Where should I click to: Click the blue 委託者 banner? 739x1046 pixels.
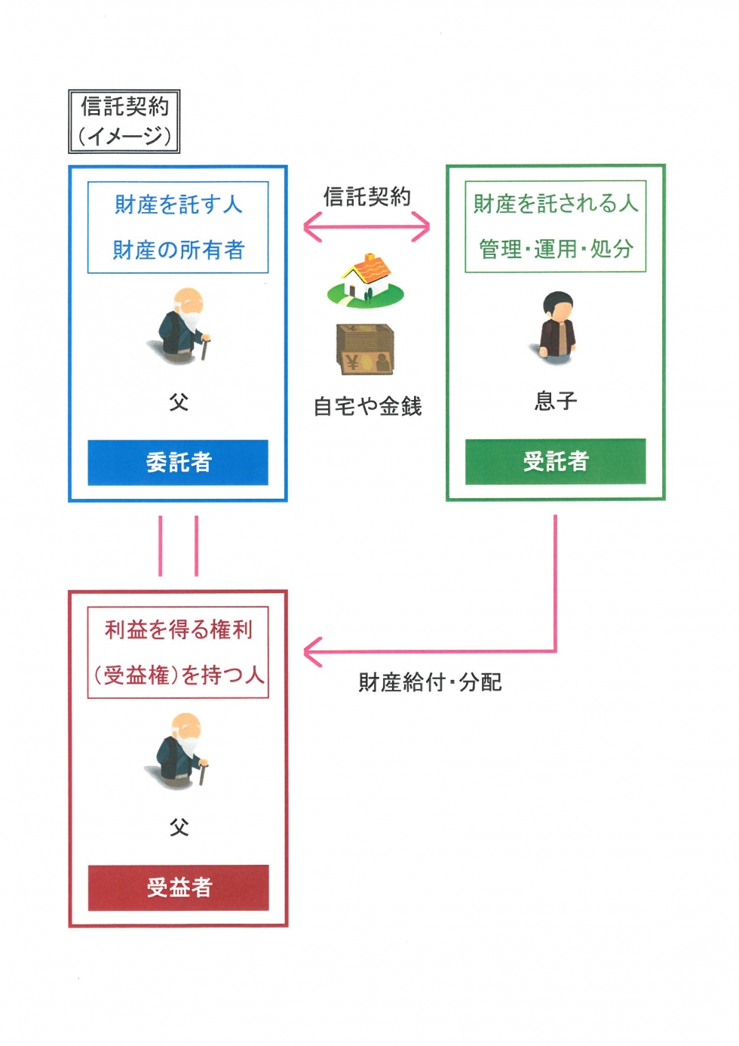coord(178,463)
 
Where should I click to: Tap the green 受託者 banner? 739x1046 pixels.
coord(555,461)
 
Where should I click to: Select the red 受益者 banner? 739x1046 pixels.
coord(178,888)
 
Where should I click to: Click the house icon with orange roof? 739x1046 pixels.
coord(365,280)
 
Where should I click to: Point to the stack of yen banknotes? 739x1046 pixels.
coord(365,349)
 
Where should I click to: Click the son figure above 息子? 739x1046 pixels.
coord(556,328)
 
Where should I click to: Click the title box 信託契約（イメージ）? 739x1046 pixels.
coord(124,122)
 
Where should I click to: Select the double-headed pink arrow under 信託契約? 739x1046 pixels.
coord(366,227)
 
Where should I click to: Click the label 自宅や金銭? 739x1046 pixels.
coord(368,406)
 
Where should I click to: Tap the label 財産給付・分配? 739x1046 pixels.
coord(430,682)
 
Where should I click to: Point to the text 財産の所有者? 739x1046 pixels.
coord(179,250)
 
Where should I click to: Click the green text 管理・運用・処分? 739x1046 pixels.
coord(556,248)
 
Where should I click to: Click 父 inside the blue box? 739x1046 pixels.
coord(179,402)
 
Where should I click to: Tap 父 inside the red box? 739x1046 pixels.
coord(179,828)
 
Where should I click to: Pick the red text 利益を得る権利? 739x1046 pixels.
coord(179,630)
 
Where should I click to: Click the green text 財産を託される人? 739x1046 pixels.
coord(556,204)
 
